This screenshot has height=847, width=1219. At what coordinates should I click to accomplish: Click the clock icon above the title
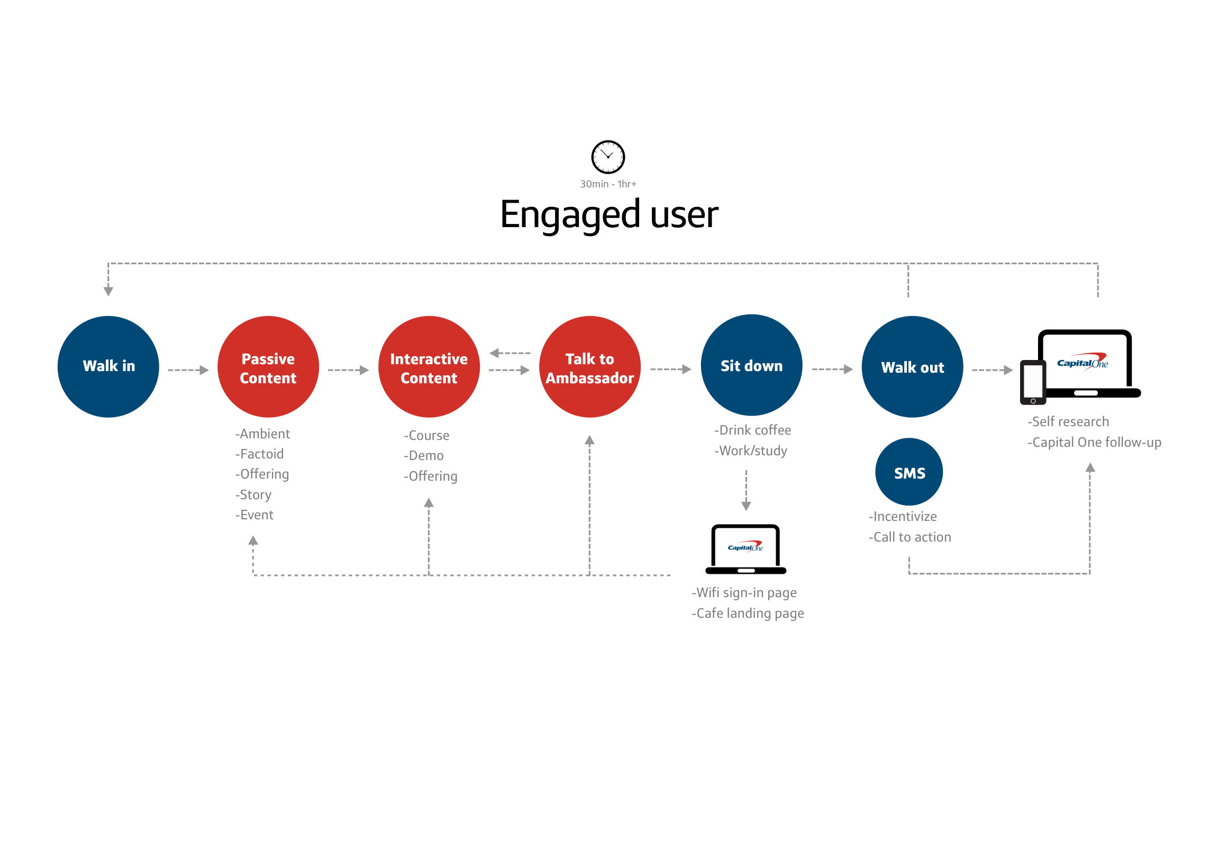coord(607,157)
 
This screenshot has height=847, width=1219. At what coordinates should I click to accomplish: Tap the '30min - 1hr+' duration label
coord(607,184)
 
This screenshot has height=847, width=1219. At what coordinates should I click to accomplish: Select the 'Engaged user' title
coord(608,214)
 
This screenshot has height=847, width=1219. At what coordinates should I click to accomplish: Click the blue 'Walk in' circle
coord(108,366)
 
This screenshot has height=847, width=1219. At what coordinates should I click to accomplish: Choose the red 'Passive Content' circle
coord(268,366)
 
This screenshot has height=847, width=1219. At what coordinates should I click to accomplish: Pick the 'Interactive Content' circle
coord(429,366)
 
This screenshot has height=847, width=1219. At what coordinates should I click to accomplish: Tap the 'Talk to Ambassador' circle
coord(589,366)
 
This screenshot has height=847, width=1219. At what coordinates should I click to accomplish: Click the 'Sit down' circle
coord(751,365)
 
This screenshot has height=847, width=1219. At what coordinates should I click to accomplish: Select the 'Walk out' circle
coord(912,366)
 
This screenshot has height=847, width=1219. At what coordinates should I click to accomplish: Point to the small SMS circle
coord(908,472)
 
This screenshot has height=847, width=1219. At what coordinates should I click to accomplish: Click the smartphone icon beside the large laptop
coord(1032,382)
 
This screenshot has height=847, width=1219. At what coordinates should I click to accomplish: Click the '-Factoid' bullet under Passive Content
coord(259,454)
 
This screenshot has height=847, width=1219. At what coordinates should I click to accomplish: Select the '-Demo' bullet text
coord(423,455)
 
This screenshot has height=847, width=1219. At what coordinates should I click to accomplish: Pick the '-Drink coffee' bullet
coord(752,430)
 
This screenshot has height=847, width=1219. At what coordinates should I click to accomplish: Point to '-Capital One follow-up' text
coord(1094,442)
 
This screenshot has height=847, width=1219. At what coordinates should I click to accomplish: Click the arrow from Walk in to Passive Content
coord(188,370)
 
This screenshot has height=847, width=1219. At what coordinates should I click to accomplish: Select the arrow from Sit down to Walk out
coord(832,369)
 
